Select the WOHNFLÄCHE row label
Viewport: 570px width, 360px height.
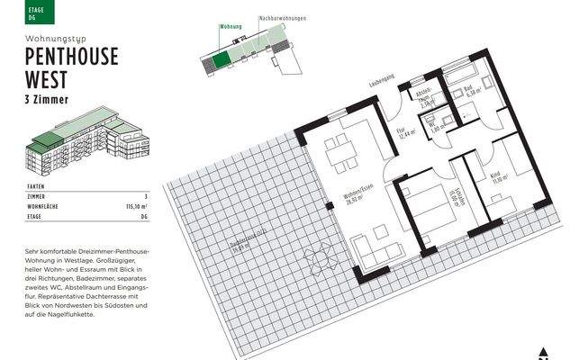click(x=46, y=206)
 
